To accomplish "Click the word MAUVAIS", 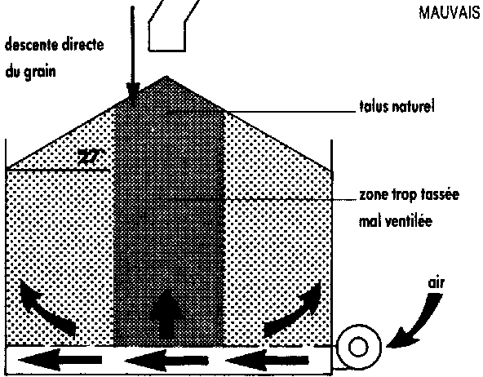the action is pyautogui.click(x=450, y=13).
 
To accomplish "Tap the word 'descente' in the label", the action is pyautogui.click(x=32, y=45).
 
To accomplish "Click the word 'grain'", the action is pyautogui.click(x=39, y=72).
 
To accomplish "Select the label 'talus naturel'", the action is pyautogui.click(x=397, y=107).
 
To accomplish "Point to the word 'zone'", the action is pyautogui.click(x=372, y=195).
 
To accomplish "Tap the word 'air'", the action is pyautogui.click(x=436, y=282).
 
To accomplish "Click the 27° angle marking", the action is pyautogui.click(x=91, y=157).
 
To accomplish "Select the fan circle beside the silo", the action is pyautogui.click(x=358, y=347).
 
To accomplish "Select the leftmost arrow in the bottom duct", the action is pyautogui.click(x=60, y=360).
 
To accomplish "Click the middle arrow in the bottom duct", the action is pyautogui.click(x=166, y=360).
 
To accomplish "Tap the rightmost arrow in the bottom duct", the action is pyautogui.click(x=267, y=360).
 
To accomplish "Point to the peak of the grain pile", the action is pyautogui.click(x=166, y=77).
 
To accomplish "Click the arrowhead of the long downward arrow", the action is pyautogui.click(x=133, y=95).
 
